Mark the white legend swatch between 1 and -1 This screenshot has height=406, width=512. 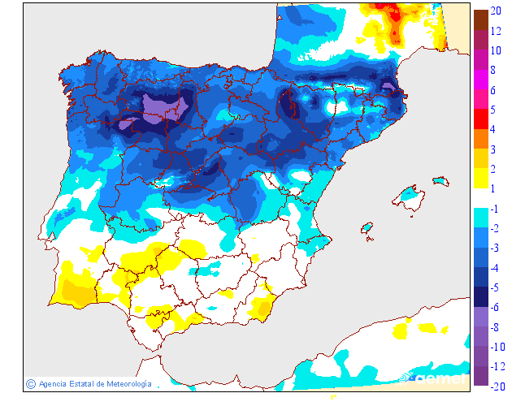pyautogui.click(x=480, y=199)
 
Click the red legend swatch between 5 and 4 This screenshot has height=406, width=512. pyautogui.click(x=480, y=119)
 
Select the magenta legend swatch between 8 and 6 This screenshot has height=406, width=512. pyautogui.click(x=480, y=80)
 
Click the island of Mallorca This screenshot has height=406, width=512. pyautogui.click(x=410, y=198)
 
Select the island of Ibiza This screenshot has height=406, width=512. pyautogui.click(x=367, y=228)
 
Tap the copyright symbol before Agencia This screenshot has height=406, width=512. pyautogui.click(x=30, y=383)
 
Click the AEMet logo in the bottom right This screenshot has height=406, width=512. pyautogui.click(x=438, y=378)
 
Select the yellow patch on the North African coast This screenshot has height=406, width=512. pyautogui.click(x=400, y=330)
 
